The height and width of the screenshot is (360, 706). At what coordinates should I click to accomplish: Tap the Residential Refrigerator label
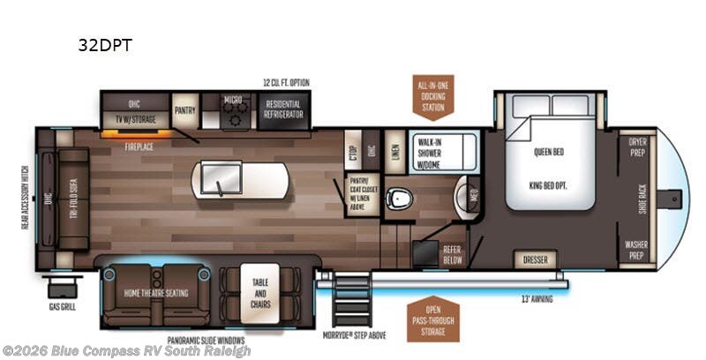pyautogui.click(x=283, y=109)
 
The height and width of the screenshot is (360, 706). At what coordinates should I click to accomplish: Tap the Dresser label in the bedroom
pyautogui.click(x=538, y=261)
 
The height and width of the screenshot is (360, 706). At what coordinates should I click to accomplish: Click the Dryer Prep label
pyautogui.click(x=637, y=146)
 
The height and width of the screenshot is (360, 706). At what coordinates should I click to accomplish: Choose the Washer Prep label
pyautogui.click(x=637, y=249)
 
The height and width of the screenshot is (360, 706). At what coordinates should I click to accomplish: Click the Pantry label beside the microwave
pyautogui.click(x=184, y=109)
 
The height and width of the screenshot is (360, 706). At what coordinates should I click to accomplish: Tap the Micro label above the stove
pyautogui.click(x=234, y=100)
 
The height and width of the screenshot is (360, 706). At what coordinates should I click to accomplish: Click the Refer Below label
pyautogui.click(x=453, y=254)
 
